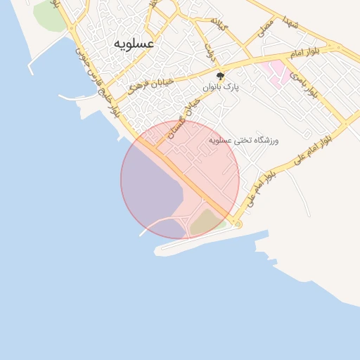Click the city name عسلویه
[134, 44]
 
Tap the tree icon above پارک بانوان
[221, 75]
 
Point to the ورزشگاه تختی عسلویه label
[244, 141]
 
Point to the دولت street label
[210, 51]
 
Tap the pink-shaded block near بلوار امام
[276, 72]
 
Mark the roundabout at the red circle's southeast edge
[238, 224]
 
